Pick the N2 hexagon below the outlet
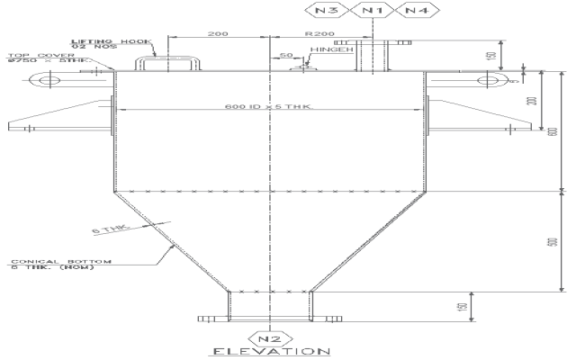pos(270,339)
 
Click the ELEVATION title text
pos(270,352)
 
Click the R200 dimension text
pos(320,33)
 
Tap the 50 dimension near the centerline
pos(285,55)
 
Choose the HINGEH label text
pos(327,50)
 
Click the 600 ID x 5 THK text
pos(268,108)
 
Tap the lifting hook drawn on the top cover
pos(168,64)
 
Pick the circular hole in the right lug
pos(490,81)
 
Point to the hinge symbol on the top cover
pos(307,65)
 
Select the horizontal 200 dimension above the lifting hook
pos(218,33)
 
